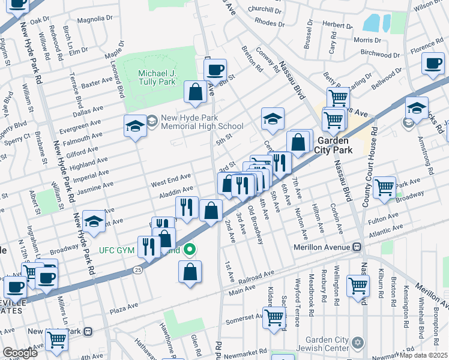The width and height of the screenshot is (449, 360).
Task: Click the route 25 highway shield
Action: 137,271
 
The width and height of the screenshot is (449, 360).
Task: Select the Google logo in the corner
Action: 20,353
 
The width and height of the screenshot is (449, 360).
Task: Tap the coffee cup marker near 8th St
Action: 214,69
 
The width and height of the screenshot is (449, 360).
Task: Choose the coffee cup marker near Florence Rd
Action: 432,64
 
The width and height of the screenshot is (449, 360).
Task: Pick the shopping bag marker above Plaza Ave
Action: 190,271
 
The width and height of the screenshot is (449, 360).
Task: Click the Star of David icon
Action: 358,341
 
